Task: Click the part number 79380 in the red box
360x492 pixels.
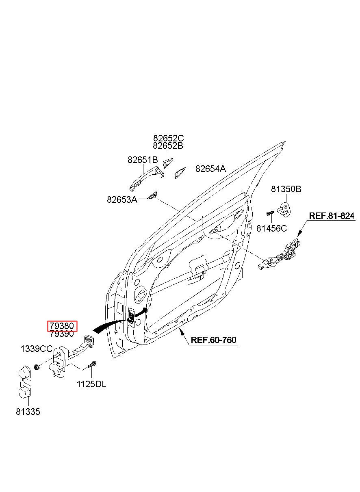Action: [62, 326]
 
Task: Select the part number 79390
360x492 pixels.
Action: [62, 334]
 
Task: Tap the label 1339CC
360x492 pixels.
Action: [37, 349]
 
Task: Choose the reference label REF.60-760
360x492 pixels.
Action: [213, 340]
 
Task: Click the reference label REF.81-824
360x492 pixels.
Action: [332, 216]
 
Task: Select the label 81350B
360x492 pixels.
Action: [286, 189]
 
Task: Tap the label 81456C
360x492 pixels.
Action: [272, 228]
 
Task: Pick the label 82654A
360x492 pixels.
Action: [210, 169]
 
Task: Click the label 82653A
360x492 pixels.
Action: [122, 199]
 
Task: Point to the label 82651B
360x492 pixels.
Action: [143, 160]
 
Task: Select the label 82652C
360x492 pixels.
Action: [169, 138]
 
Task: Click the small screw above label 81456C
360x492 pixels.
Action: [270, 213]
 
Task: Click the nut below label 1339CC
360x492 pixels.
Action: [37, 366]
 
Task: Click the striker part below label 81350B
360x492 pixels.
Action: [283, 210]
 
